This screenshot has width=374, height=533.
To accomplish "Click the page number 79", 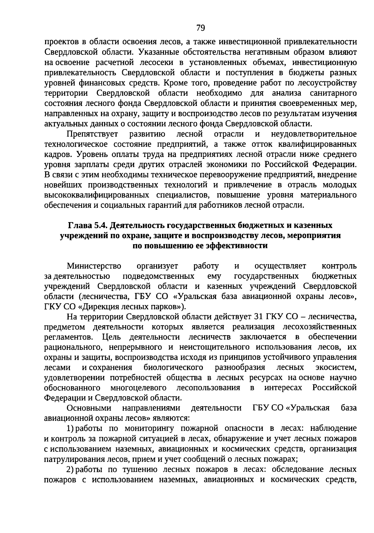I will tap(201, 28).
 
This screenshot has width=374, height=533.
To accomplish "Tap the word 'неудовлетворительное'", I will tap(314, 134).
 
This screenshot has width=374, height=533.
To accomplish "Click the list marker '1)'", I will tap(70, 429).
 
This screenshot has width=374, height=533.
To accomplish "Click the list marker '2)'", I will tap(70, 469).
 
